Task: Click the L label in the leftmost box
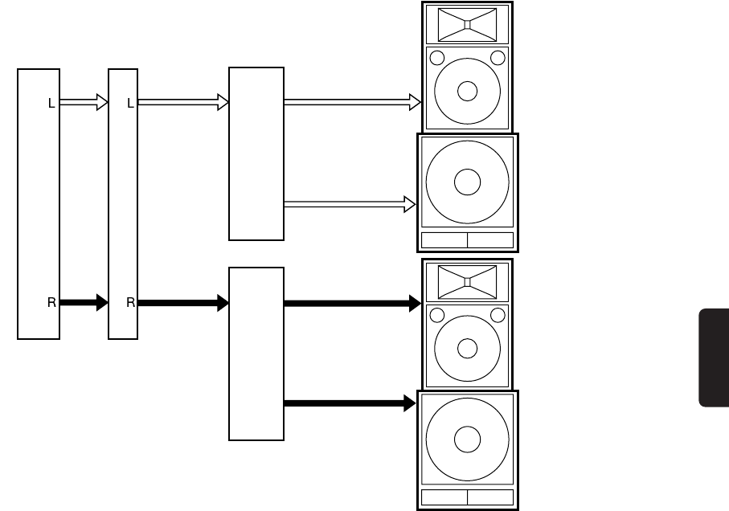click(51, 103)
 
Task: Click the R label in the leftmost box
click(51, 303)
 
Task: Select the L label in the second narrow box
click(129, 103)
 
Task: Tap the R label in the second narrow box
click(129, 303)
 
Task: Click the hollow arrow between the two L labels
click(84, 102)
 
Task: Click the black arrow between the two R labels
click(84, 303)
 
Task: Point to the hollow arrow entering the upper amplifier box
click(184, 102)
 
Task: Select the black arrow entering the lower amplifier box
click(184, 303)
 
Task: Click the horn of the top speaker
click(467, 24)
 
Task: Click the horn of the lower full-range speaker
click(467, 282)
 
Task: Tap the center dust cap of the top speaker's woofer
click(467, 91)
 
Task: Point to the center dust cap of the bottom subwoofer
click(467, 440)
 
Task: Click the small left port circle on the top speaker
click(437, 58)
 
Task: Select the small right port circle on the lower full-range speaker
click(498, 315)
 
